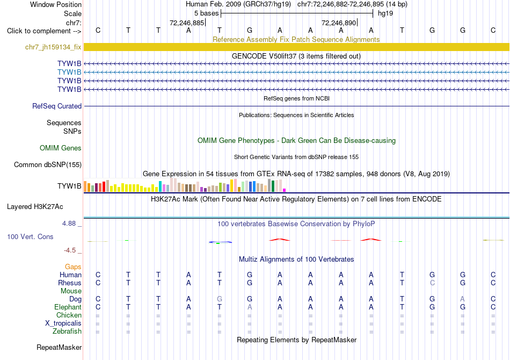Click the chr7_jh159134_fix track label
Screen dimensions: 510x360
point(53,47)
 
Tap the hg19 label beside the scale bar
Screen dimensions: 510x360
point(385,13)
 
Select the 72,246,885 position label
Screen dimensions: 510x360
point(187,23)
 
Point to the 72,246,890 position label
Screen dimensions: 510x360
point(339,23)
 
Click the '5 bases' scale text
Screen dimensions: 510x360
point(207,13)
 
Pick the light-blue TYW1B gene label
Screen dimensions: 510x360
point(69,72)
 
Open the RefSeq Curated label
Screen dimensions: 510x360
point(57,106)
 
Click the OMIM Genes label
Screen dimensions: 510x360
point(61,148)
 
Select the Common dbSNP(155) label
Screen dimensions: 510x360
point(48,165)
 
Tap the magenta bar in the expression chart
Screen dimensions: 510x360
point(285,190)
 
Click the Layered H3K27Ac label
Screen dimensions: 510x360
point(35,207)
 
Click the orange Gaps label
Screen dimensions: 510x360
point(73,267)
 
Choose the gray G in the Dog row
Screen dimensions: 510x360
point(220,299)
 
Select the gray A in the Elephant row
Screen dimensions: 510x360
point(250,307)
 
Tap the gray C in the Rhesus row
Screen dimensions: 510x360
point(432,283)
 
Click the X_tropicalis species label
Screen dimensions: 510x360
point(63,323)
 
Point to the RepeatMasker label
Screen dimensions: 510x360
point(59,348)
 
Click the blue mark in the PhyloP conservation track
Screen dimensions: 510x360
point(220,242)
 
